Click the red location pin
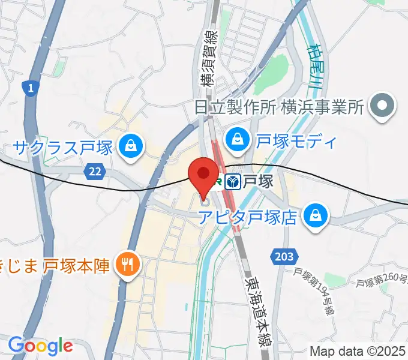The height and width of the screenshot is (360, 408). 203,173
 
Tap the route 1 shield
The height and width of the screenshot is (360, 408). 29,89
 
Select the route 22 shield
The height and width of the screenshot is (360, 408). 94,172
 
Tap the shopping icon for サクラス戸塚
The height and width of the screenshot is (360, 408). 129,145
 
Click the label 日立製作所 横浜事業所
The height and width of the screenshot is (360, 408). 279,108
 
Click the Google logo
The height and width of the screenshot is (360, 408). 40,346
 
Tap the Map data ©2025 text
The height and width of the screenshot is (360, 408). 358,351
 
